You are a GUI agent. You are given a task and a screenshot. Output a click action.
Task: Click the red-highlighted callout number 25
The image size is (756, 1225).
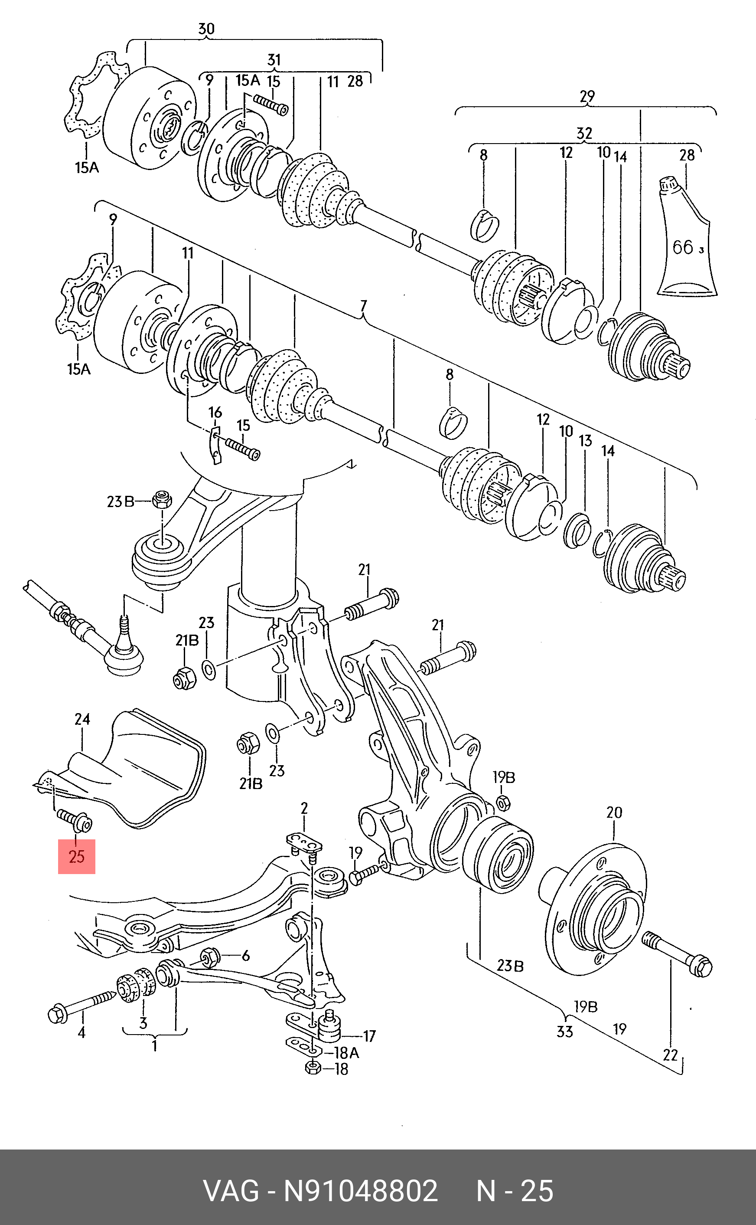tap(76, 856)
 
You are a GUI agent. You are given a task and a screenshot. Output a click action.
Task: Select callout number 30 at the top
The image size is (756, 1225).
tap(206, 29)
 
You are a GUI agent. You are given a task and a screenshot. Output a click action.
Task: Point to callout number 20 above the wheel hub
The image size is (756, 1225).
tap(614, 812)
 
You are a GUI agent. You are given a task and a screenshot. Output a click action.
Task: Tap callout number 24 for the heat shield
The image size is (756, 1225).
tap(82, 719)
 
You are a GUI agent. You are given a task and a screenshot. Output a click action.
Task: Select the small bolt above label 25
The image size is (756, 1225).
tap(74, 820)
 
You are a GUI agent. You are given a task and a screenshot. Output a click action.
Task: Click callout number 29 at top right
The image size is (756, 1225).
tap(587, 95)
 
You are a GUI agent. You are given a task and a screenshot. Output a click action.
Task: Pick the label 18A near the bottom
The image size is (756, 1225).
tap(346, 1053)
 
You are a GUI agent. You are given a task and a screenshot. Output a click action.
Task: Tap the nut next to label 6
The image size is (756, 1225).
tap(209, 957)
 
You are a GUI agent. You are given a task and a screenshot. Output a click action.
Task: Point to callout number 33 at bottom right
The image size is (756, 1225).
tap(564, 1031)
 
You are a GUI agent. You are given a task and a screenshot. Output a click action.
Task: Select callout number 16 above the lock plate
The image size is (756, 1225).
tap(215, 412)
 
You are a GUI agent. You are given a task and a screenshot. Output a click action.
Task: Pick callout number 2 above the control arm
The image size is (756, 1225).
tap(304, 808)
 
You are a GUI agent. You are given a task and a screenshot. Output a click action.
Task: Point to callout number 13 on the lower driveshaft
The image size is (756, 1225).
tap(586, 441)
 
